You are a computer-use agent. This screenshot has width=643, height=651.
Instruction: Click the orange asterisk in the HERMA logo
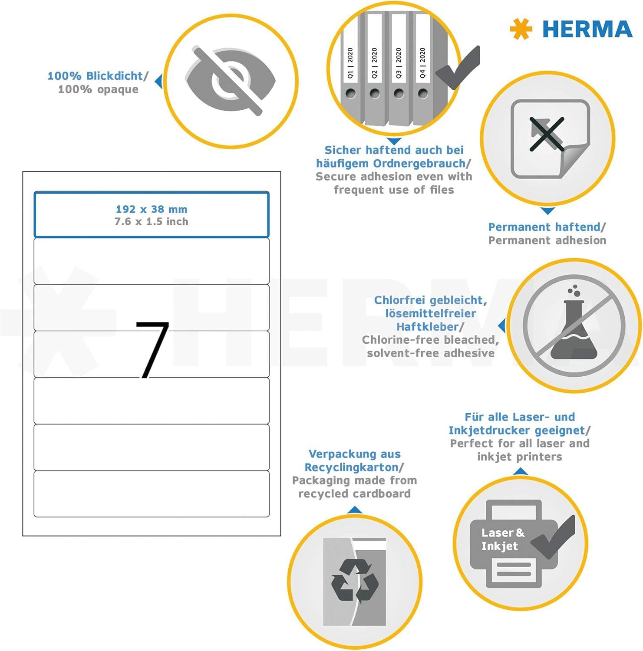coord(521,29)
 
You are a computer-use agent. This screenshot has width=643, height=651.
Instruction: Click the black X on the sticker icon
coord(547,134)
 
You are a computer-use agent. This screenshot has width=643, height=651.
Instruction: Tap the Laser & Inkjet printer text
coord(503,539)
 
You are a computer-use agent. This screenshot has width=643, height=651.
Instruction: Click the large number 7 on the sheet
coord(152,350)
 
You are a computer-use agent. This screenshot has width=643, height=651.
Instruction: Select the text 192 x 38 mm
coord(152,209)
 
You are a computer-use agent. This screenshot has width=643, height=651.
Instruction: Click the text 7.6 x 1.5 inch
coord(152,222)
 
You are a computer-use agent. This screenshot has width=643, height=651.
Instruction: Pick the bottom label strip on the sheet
coord(152,494)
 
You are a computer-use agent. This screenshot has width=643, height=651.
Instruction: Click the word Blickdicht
coord(115,76)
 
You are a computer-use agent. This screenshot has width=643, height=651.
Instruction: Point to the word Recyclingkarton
coord(351,467)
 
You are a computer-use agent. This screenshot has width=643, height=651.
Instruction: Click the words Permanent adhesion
coord(547,240)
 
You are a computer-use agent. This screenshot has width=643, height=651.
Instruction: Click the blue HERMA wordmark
coord(587,30)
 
